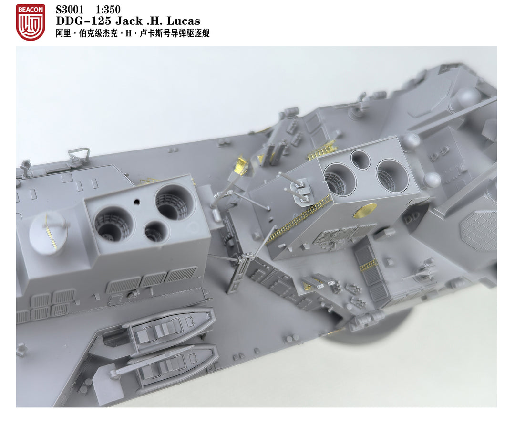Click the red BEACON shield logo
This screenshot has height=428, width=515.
click(x=30, y=22)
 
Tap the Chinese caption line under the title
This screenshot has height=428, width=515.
click(x=133, y=33)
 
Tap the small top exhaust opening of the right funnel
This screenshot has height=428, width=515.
click(x=360, y=160)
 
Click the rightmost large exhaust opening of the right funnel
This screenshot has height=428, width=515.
click(x=392, y=175)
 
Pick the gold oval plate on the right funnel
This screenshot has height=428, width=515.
click(x=365, y=209)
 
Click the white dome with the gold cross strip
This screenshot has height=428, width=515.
click(x=48, y=232)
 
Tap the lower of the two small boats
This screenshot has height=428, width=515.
click(x=172, y=365)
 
